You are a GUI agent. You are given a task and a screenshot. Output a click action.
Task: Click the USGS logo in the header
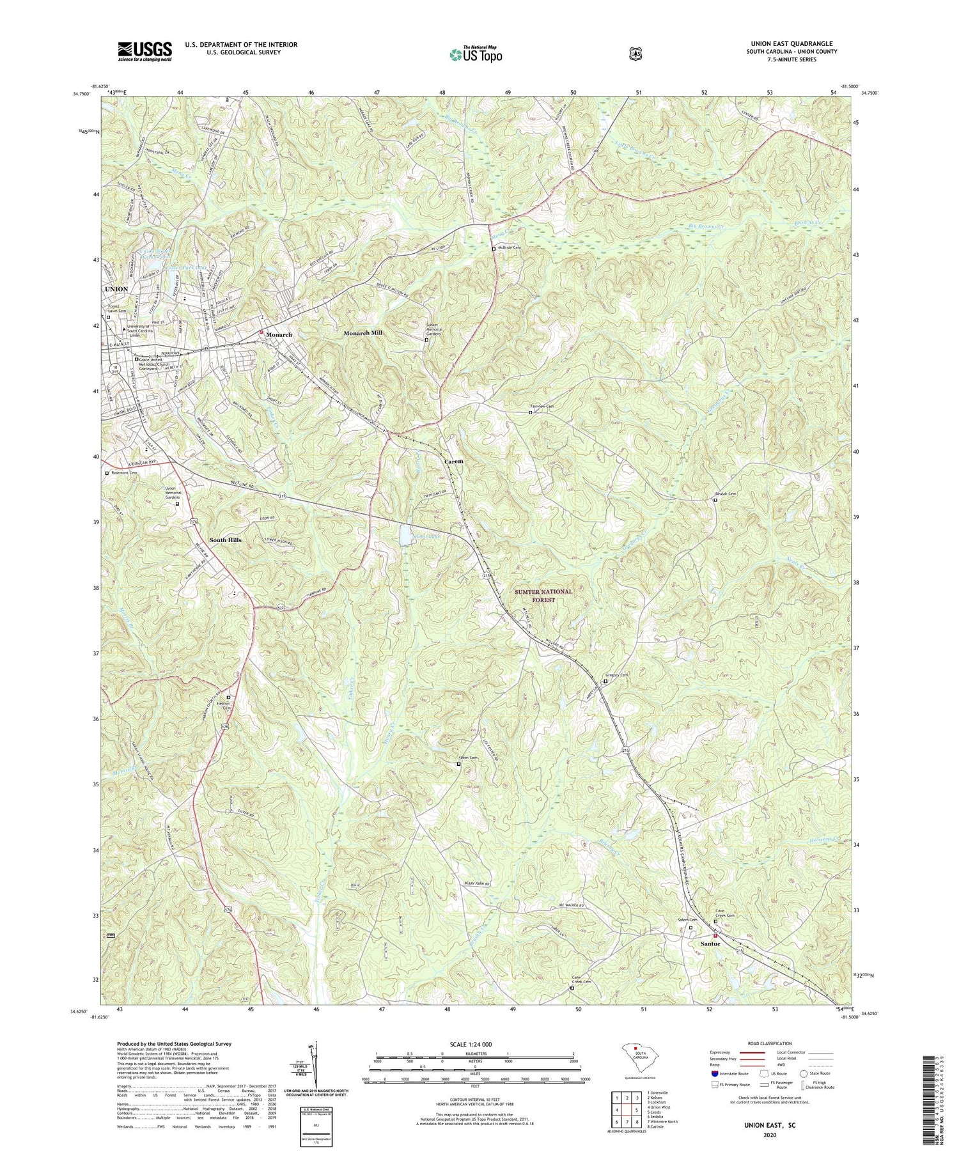point(144,51)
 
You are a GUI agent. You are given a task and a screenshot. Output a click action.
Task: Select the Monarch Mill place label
point(363,334)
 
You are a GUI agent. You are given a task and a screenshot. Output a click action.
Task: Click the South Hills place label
point(226,540)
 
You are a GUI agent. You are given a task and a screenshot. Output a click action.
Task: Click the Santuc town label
point(710,944)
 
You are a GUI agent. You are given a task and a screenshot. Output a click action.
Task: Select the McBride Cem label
point(510,247)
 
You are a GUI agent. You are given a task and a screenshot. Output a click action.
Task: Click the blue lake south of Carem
point(405,536)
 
